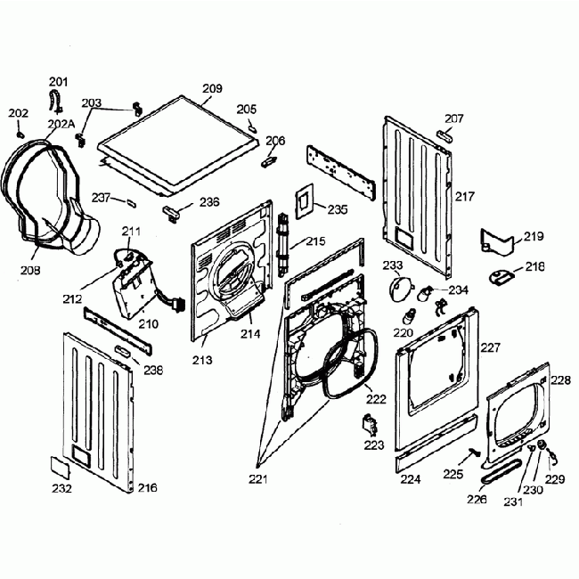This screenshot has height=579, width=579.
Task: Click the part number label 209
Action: click(x=212, y=88)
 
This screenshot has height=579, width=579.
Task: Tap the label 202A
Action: click(x=60, y=124)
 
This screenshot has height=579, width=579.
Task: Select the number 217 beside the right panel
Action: click(x=466, y=195)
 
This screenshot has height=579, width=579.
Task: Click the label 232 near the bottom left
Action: click(x=61, y=488)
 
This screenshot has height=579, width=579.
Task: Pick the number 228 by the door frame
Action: click(x=559, y=379)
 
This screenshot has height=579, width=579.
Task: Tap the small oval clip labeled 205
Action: click(x=253, y=126)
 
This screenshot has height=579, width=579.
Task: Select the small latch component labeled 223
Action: click(x=369, y=424)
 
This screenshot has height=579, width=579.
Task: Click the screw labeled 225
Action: click(x=472, y=455)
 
